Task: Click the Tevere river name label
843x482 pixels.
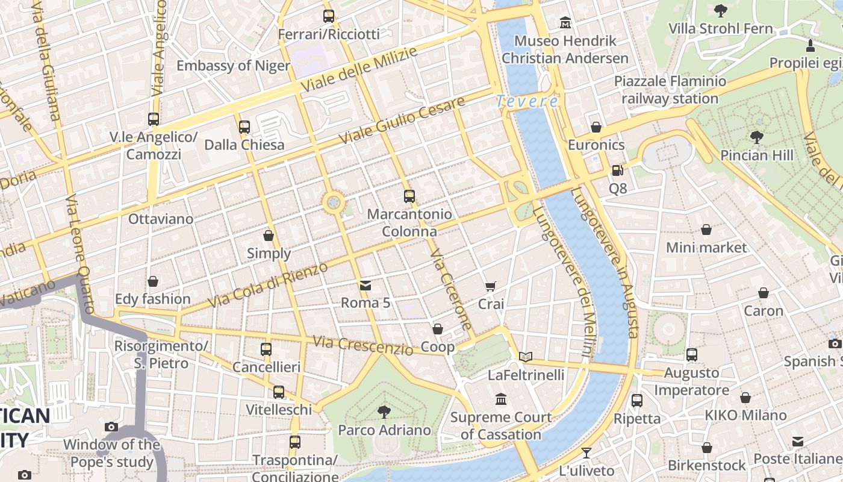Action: [527, 102]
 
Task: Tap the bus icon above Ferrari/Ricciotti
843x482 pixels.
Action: [328, 16]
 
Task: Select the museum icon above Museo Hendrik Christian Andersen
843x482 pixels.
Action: [565, 23]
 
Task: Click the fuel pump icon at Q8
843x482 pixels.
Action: [617, 171]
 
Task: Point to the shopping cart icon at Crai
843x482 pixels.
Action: [491, 286]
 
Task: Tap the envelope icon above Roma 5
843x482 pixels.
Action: [365, 285]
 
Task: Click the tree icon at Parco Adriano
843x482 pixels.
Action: [384, 412]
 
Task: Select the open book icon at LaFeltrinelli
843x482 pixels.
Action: [526, 357]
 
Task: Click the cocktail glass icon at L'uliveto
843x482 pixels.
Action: [586, 452]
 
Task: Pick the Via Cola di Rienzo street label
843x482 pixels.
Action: [268, 284]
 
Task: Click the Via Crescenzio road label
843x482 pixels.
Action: [363, 345]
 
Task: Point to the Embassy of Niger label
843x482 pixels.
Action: [233, 65]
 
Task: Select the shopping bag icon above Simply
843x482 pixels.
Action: [269, 236]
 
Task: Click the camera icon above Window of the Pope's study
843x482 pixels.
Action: [111, 427]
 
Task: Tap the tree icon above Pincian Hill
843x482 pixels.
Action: [756, 137]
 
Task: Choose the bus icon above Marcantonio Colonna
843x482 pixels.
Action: [409, 196]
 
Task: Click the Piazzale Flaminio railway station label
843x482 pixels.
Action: [670, 89]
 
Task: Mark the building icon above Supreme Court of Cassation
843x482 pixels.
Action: [501, 399]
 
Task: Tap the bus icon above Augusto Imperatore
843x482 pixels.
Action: [691, 355]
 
